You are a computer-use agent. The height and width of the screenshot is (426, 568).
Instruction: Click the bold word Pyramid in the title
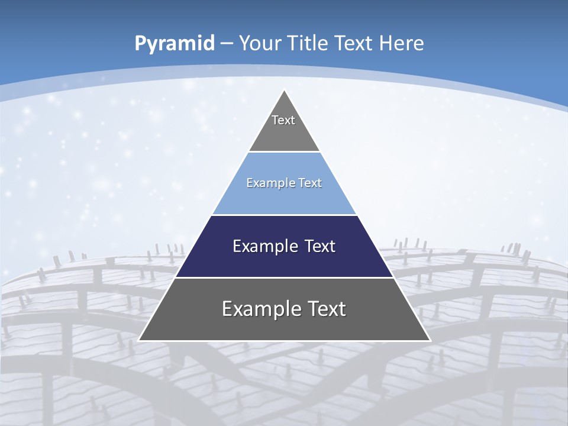[175, 43]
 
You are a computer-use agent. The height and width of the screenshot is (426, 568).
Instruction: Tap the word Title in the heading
[309, 43]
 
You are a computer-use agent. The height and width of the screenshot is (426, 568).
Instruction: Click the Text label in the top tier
[283, 120]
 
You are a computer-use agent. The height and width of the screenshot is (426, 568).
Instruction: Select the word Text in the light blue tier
[310, 183]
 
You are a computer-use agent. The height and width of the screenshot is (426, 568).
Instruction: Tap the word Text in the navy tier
[320, 246]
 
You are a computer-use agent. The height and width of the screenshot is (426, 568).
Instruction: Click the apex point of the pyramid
[285, 91]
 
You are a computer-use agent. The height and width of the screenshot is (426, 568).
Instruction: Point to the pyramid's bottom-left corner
[139, 340]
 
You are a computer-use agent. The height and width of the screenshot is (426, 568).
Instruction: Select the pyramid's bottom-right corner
[430, 340]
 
